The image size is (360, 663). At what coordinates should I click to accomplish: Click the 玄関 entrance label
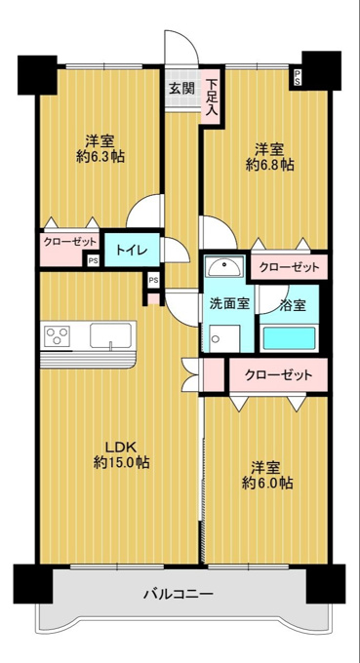[182, 89]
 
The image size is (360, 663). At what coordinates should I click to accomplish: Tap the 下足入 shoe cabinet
[212, 97]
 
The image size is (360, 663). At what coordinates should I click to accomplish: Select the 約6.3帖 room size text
[100, 157]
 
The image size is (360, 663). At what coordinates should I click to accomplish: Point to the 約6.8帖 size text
[270, 165]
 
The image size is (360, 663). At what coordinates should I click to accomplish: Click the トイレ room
[132, 251]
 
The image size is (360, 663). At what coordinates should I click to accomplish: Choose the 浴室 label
[293, 305]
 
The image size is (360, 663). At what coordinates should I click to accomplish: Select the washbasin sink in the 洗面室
[224, 266]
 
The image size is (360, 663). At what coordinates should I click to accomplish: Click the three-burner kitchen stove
[58, 335]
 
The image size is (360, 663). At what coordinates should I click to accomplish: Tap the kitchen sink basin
[111, 336]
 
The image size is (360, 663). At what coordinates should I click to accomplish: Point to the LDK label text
[120, 447]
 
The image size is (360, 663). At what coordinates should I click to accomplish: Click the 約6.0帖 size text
[267, 483]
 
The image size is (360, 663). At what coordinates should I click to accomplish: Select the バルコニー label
[179, 594]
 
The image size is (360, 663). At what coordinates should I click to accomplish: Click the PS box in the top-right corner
[298, 78]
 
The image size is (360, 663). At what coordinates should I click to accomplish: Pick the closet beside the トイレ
[69, 250]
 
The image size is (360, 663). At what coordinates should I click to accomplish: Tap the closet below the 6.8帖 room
[289, 267]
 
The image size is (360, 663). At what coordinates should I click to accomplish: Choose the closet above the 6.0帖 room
[278, 374]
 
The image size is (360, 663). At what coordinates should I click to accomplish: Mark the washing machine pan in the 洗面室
[223, 338]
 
